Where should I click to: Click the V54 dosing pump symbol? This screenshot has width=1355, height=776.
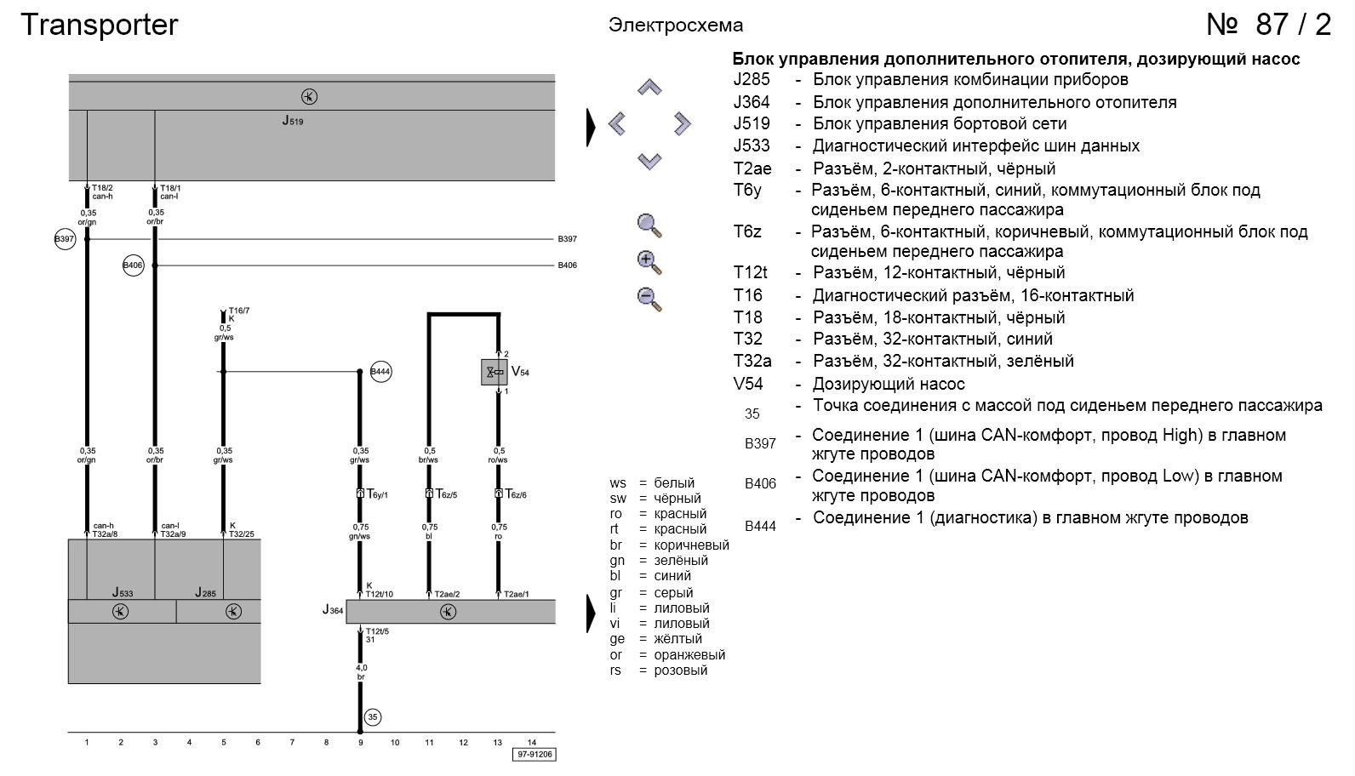click(494, 372)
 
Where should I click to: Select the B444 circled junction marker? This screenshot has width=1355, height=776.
click(380, 372)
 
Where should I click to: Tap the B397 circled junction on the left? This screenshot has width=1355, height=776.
click(65, 239)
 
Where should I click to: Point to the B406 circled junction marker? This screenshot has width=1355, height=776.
click(134, 265)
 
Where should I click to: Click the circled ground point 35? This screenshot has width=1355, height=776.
click(372, 717)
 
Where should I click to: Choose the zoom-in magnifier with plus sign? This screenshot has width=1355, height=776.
click(649, 262)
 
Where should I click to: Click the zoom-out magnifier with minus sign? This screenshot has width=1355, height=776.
click(649, 299)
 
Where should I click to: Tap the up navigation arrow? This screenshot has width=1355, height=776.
click(649, 88)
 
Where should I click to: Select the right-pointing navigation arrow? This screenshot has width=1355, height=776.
click(682, 124)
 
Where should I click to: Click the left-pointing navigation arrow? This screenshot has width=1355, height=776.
click(617, 124)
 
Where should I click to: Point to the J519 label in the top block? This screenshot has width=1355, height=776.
click(293, 121)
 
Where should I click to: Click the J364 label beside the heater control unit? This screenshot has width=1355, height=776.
click(333, 610)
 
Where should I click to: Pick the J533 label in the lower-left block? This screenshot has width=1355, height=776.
click(123, 592)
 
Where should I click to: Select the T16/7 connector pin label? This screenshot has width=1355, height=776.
click(239, 311)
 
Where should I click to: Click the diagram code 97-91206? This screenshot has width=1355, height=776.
click(535, 755)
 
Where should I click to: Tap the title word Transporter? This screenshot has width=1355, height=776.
click(99, 25)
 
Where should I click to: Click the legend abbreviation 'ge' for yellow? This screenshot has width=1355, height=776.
click(617, 639)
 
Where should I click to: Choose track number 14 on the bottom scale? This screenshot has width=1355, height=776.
click(532, 742)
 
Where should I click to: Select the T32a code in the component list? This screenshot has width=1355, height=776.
click(752, 361)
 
